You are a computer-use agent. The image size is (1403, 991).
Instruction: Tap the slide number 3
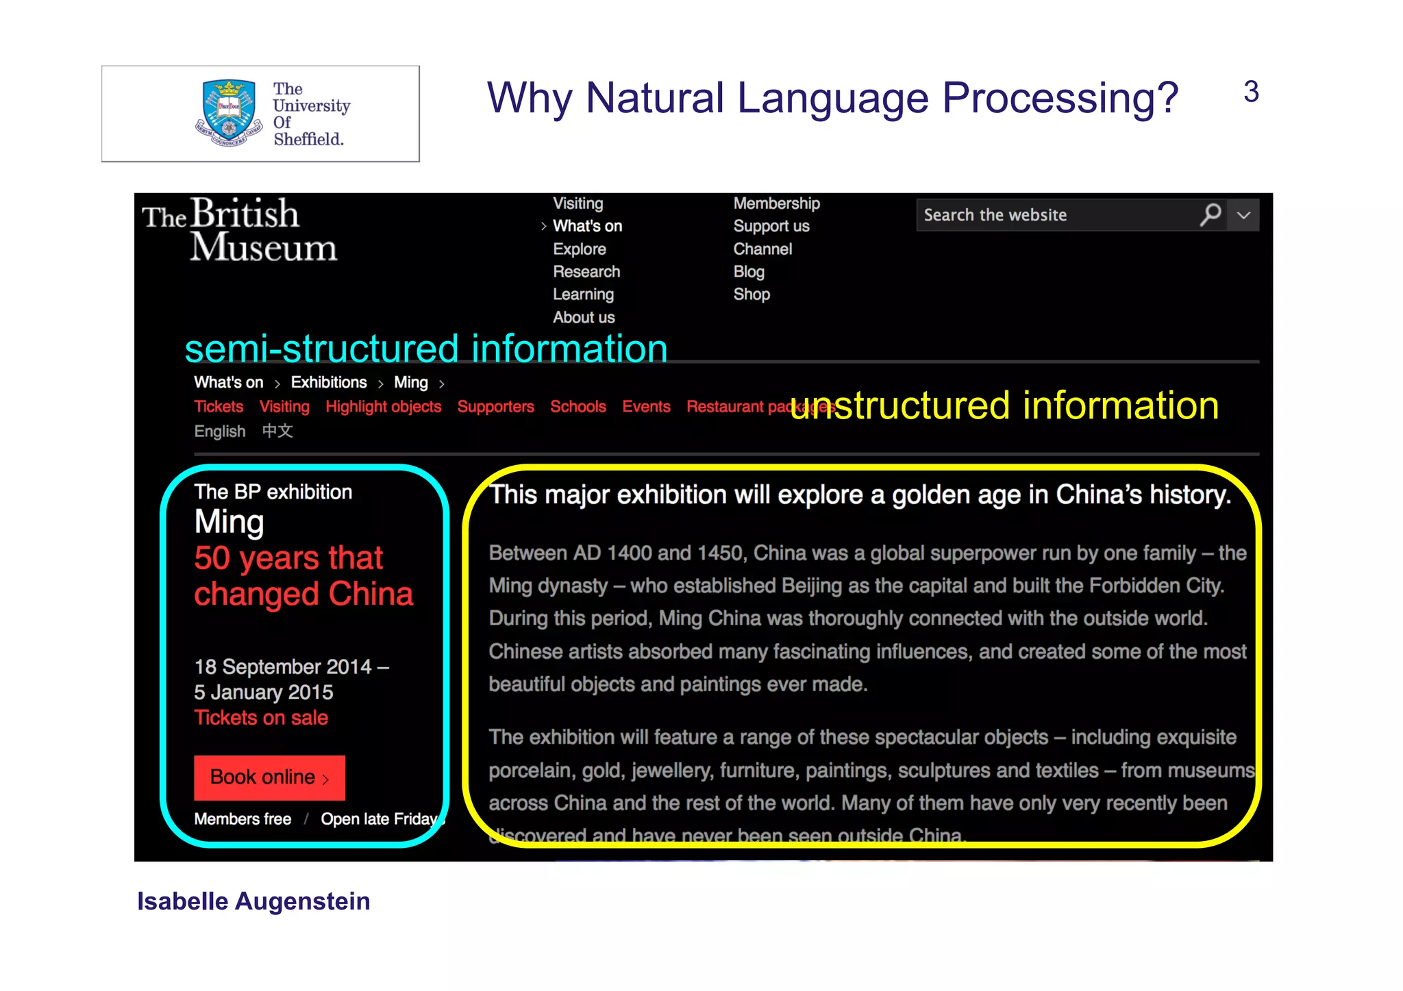pos(1251,92)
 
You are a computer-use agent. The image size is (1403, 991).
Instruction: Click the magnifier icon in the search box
pos(1210,214)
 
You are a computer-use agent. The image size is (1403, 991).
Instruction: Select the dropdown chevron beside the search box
pos(1244,215)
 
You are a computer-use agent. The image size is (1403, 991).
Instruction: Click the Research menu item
pos(586,272)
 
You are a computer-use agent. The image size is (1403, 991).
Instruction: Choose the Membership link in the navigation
pos(776,203)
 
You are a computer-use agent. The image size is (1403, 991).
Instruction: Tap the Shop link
pos(752,294)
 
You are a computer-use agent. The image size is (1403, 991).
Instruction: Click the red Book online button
pos(269,777)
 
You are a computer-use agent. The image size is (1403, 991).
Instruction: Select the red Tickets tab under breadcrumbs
pos(219,407)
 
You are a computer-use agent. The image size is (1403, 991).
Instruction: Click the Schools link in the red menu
pos(578,407)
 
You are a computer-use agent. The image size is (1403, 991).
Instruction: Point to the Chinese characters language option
pos(277,431)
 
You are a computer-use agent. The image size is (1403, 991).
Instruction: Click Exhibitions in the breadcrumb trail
pos(329,382)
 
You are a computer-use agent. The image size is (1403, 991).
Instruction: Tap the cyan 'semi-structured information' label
pos(426,349)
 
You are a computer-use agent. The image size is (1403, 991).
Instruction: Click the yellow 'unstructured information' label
pos(1004,405)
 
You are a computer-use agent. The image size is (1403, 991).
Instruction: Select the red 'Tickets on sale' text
pos(261,718)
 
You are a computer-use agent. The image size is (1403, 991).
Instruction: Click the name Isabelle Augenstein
pos(253,901)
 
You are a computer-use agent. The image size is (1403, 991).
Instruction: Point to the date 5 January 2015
pos(264,692)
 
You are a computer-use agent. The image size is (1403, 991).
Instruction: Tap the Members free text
pos(243,819)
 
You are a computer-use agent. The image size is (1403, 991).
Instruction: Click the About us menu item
pos(584,318)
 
